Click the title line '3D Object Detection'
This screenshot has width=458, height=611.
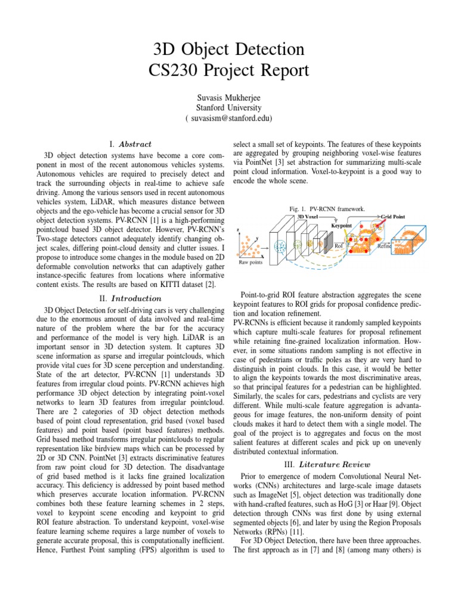228,48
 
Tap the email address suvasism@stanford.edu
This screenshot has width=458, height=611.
228,118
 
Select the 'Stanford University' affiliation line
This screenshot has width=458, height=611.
228,107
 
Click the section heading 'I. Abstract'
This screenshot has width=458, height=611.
131,144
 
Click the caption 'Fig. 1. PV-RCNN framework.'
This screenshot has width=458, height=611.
327,209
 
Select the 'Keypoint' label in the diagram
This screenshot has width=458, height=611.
342,226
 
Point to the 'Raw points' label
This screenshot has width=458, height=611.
250,262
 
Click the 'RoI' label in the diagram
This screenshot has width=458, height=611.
338,245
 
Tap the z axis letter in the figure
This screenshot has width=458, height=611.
239,230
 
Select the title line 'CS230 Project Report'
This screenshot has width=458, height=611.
228,70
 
